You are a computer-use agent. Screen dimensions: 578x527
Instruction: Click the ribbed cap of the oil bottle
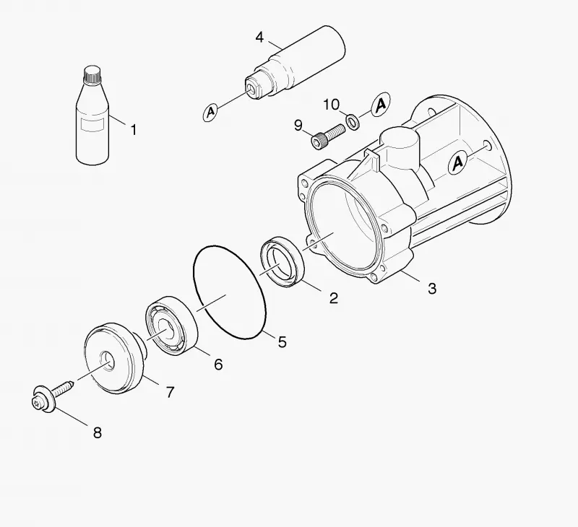pos(92,75)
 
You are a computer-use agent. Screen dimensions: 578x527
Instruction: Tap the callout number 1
pos(134,130)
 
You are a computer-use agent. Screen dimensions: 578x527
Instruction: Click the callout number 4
pos(260,38)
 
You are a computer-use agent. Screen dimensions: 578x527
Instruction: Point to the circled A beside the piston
pos(210,112)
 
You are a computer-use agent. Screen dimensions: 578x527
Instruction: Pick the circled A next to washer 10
pos(381,104)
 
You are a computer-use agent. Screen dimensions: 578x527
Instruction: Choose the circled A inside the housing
pos(457,162)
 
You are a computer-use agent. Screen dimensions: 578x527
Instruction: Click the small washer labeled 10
pos(353,121)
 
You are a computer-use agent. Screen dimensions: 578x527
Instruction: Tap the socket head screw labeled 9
pos(328,136)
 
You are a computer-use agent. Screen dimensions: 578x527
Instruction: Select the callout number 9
pos(298,126)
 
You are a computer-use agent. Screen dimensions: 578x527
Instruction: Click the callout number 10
pos(331,105)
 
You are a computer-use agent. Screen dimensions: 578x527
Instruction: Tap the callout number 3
pos(432,289)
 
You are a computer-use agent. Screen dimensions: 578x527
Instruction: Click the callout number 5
pos(282,342)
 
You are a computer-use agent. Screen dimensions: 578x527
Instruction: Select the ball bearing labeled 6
pos(171,326)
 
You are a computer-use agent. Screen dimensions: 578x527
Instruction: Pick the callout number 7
pos(170,392)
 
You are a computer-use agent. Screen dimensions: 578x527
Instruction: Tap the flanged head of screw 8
pos(43,398)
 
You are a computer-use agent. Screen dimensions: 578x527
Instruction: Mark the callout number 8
pos(98,432)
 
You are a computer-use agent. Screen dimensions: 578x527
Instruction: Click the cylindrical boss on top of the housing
pos(400,147)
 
